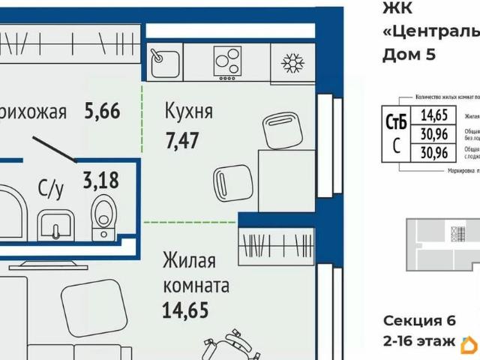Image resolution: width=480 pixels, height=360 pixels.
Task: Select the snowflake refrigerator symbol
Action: pos(292,61)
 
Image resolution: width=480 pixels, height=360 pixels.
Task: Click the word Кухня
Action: pos(189,112)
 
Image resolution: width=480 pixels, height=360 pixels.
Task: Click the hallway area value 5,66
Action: pos(103,112)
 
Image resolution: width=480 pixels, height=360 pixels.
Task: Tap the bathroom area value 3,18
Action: pos(100,181)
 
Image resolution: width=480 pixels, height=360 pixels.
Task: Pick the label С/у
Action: pos(51,190)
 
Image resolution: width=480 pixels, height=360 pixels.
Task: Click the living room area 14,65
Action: pos(184,310)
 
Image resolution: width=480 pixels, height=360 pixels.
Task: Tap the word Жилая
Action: pos(189,262)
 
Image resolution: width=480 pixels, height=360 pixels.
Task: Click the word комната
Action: pos(196,286)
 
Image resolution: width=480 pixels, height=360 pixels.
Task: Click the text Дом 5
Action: pos(409,54)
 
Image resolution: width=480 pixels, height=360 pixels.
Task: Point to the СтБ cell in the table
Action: pos(396,121)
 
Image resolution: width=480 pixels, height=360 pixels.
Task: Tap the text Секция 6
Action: pos(419,320)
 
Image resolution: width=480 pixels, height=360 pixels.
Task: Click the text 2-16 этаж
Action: pos(419,342)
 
